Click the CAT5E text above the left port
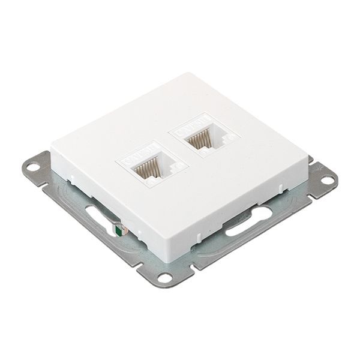coord(139,154)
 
